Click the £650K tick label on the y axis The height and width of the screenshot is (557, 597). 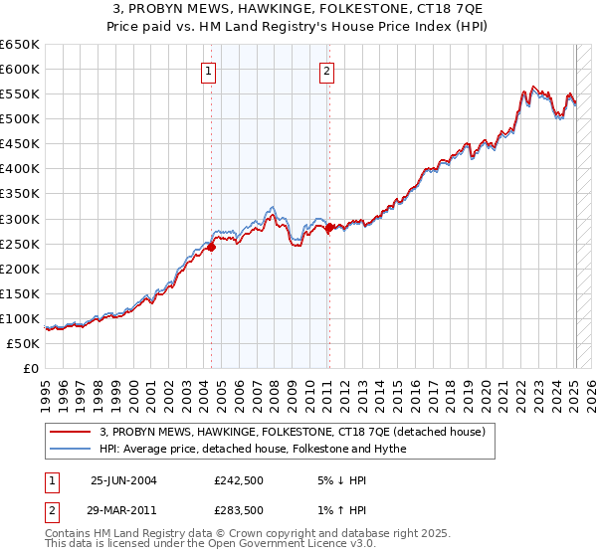tap(20, 45)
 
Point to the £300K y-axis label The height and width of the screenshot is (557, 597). tap(20, 219)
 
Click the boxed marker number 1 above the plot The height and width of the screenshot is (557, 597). tap(209, 70)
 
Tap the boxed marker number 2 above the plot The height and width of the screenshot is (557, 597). tap(326, 70)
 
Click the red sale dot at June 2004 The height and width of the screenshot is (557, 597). tap(212, 248)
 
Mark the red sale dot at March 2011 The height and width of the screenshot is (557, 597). tap(330, 227)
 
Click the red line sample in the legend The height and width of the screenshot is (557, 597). tap(69, 432)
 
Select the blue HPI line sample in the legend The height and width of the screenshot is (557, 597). tap(69, 449)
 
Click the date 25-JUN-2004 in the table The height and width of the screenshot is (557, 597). tap(123, 480)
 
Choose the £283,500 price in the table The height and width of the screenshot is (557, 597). tap(239, 510)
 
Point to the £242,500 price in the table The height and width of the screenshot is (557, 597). tap(239, 480)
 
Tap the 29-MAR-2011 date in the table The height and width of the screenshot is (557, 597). tap(124, 510)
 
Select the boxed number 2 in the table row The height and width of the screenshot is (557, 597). tap(50, 510)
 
